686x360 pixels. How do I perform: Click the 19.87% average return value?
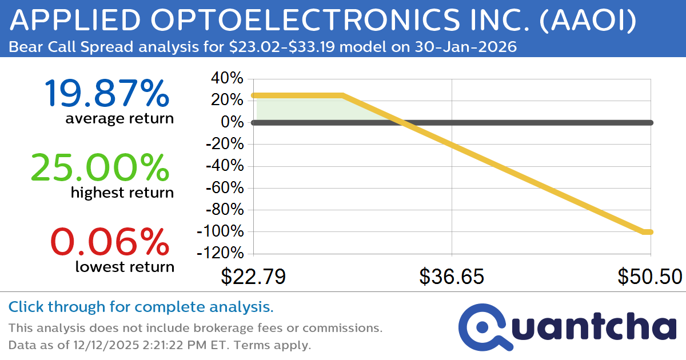106,93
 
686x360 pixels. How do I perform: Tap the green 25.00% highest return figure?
100,167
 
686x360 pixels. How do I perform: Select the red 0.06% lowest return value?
110,241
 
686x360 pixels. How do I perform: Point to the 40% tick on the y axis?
228,78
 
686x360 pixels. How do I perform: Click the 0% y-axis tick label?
234,122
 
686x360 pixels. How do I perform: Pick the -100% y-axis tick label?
221,231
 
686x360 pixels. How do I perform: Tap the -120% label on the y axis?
221,253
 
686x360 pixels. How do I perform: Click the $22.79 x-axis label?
253,277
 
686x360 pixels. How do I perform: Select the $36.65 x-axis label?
452,277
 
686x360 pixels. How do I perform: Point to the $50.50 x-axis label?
650,277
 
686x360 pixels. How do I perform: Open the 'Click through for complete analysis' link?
141,307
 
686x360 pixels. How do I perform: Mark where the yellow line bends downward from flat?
342,95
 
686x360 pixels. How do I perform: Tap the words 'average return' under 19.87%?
119,118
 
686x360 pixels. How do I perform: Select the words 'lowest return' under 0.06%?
125,266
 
